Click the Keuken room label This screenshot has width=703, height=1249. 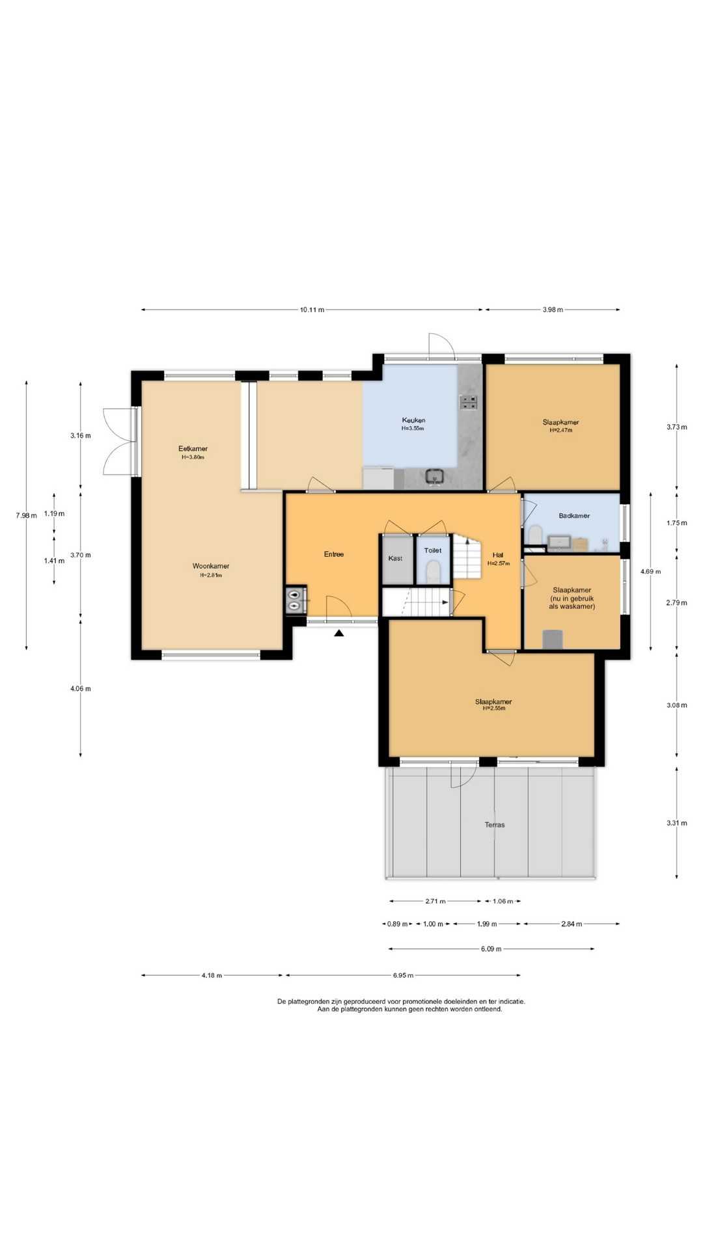click(x=413, y=420)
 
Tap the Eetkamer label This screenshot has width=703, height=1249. click(x=193, y=449)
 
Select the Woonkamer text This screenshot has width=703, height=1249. click(x=211, y=566)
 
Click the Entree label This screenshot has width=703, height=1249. click(x=334, y=554)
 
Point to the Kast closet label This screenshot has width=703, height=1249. click(x=395, y=558)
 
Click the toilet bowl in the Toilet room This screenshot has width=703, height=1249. click(x=433, y=572)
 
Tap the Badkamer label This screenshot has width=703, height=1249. click(x=574, y=516)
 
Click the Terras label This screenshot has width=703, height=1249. click(x=495, y=825)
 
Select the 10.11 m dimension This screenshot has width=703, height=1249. click(x=312, y=310)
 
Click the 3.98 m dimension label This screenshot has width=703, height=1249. click(x=553, y=310)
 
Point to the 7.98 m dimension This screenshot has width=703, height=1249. click(x=27, y=516)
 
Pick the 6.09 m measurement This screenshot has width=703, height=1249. click(x=491, y=949)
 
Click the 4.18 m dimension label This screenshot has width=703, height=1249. click(x=212, y=976)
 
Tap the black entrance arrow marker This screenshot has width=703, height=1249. click(x=339, y=632)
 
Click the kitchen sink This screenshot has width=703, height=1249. click(x=435, y=476)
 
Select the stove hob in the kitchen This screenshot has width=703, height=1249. click(x=469, y=403)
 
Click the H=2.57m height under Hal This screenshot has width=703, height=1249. click(x=498, y=563)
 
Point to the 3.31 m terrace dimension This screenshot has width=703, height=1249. click(x=677, y=823)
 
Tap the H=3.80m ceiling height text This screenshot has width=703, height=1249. click(x=193, y=457)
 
